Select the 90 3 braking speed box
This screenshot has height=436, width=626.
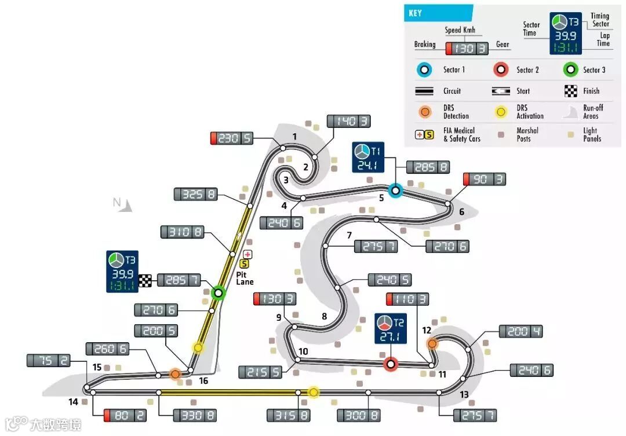tap(484, 179)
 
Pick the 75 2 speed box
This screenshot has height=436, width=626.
tap(48, 361)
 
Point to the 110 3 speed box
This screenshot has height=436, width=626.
tap(407, 299)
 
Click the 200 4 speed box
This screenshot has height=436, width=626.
tap(521, 331)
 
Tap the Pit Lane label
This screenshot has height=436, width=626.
tap(245, 279)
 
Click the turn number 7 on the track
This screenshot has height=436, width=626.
tap(349, 235)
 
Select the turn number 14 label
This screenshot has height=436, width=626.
tap(73, 401)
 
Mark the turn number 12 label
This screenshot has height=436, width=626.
tap(427, 331)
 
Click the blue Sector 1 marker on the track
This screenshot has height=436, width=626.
tap(395, 189)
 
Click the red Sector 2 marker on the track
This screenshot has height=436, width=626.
tap(391, 364)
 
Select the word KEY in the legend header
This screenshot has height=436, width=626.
tap(415, 13)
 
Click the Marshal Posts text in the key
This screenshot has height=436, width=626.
tap(527, 134)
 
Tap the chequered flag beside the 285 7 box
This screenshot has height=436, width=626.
tap(145, 280)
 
